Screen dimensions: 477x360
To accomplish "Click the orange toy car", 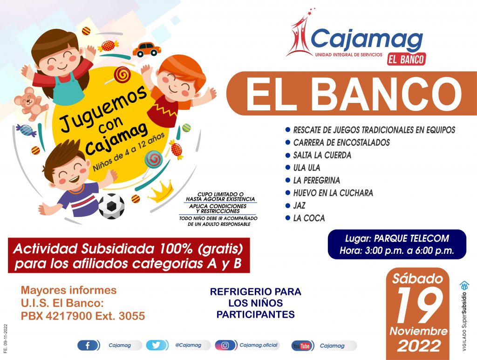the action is pos(147,49).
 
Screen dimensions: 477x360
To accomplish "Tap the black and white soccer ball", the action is pos(112,206).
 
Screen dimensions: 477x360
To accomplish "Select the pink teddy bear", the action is pos(31,103).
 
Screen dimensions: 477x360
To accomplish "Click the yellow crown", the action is pos(161,191).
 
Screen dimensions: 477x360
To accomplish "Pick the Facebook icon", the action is pos(87,346).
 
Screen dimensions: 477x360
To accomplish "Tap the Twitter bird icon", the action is pos(156,346).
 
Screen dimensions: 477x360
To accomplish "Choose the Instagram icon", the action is pos(225,346).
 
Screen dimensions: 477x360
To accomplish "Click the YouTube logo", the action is pos(301,346).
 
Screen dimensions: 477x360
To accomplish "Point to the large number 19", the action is pos(419,306).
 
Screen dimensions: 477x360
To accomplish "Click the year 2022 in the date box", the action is pos(419,346).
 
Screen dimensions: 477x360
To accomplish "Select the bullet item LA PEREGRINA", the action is pos(316,180).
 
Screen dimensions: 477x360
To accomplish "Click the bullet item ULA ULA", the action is pos(307,168).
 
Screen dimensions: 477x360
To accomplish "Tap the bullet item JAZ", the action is pos(299,205).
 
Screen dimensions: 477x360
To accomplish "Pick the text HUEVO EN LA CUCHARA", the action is pos(333,193).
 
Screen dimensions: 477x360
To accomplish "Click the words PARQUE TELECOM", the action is pos(411,238).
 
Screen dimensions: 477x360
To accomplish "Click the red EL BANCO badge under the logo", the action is pos(406,59).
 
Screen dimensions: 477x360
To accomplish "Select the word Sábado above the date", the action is pos(417,278).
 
